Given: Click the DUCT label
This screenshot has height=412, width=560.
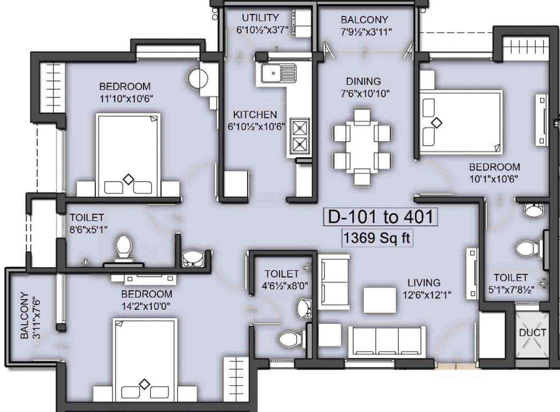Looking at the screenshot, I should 533,333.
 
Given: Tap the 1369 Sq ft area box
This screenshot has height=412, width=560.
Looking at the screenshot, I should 377,238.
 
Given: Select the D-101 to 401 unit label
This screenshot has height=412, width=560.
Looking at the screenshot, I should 380,217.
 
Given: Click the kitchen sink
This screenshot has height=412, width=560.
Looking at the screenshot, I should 278,72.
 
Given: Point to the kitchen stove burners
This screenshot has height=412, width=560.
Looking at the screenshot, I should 299,136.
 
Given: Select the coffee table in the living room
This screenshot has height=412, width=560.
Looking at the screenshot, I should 380,299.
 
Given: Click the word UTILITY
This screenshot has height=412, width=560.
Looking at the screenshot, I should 260,18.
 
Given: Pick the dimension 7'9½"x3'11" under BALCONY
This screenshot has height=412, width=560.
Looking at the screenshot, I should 367,32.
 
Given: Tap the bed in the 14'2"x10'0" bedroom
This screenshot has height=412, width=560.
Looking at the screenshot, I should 145,359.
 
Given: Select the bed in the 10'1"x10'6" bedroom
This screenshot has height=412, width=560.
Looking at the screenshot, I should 461,122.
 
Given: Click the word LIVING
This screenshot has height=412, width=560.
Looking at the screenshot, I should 423,283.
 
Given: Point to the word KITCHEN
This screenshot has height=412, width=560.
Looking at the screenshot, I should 255,115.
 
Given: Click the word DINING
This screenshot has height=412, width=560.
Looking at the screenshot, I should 363,82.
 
